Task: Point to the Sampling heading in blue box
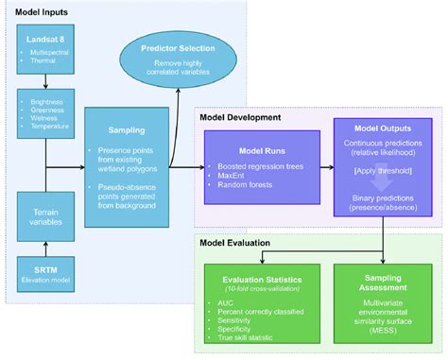[x=127, y=124]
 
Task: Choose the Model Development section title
[x=240, y=117]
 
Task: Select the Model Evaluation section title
[x=235, y=243]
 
